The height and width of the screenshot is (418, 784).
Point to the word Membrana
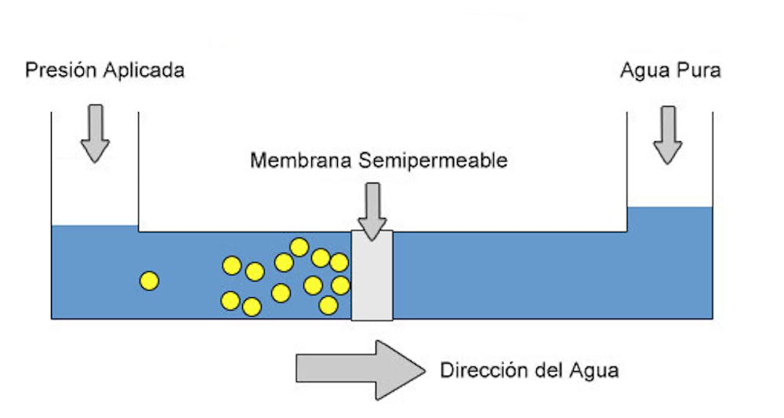[301, 161]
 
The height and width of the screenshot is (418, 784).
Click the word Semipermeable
[433, 161]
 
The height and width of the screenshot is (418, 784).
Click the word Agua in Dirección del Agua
[596, 369]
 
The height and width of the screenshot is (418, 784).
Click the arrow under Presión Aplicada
[95, 133]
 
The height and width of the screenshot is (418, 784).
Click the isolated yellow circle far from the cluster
[149, 280]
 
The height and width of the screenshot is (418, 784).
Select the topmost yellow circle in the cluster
[299, 247]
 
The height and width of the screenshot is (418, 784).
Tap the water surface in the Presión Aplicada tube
[95, 227]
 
